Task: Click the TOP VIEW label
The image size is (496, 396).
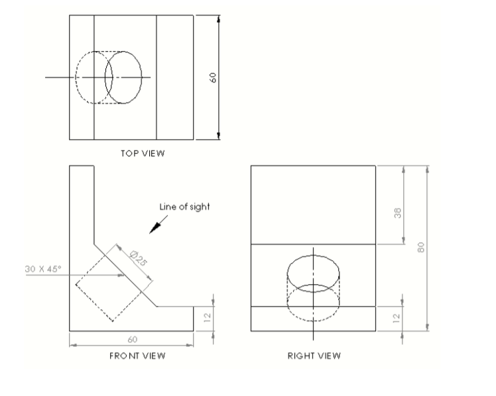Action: [143, 154]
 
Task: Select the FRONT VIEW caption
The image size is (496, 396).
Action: [137, 356]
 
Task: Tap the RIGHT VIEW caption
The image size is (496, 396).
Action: [314, 356]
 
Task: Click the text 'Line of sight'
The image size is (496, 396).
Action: [184, 207]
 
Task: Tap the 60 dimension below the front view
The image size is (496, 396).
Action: [132, 339]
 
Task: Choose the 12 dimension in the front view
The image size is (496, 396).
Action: [208, 319]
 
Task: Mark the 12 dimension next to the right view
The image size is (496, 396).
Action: [397, 319]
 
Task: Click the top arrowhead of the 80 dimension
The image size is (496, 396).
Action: [428, 169]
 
